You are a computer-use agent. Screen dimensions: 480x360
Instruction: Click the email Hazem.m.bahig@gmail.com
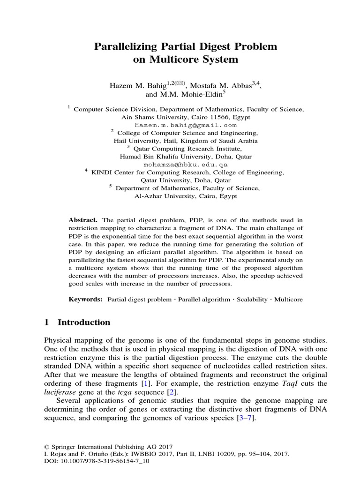[x=186, y=126]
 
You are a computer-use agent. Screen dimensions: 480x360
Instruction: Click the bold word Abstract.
[x=82, y=220]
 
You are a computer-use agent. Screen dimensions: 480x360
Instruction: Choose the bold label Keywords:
[x=85, y=299]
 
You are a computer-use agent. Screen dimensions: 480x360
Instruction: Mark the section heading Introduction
[x=84, y=322]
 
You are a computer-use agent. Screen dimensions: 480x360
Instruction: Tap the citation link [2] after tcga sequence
[x=173, y=392]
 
